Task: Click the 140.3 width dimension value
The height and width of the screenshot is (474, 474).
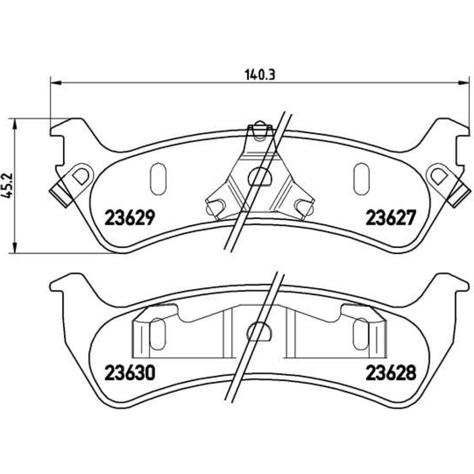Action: (x=260, y=74)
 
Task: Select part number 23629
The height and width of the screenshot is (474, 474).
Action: (x=130, y=218)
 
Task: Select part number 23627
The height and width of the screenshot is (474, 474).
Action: (x=391, y=218)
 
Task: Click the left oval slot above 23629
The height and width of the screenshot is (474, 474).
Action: (x=158, y=179)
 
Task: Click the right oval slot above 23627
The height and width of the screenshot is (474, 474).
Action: (x=362, y=179)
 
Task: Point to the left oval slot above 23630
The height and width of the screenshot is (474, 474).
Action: (x=158, y=334)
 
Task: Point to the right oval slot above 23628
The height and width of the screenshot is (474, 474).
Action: (x=361, y=334)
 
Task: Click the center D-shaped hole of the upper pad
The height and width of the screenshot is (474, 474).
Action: (x=260, y=176)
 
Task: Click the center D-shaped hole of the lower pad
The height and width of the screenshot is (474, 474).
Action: (x=259, y=331)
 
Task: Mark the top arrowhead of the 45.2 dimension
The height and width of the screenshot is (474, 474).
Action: (x=14, y=124)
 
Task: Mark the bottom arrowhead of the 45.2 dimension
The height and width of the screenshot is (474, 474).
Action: (x=14, y=247)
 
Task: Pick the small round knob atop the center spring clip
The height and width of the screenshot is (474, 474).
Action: (x=260, y=124)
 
